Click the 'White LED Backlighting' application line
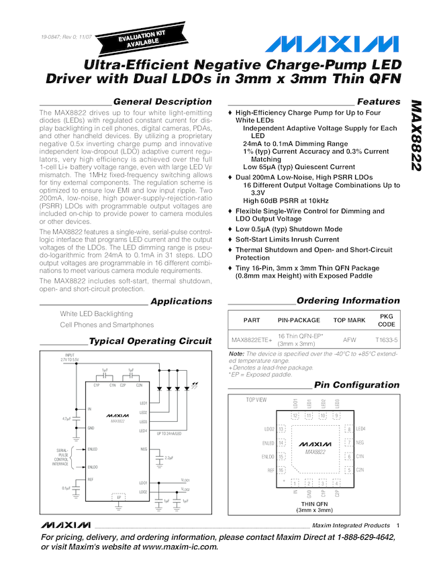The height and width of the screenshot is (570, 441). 97,313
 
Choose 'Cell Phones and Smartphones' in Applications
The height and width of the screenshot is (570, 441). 107,325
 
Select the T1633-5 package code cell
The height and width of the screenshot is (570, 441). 387,340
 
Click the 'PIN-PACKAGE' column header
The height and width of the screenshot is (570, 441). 299,320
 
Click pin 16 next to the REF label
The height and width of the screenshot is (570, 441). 282,470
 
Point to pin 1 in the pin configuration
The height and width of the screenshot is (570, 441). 295,482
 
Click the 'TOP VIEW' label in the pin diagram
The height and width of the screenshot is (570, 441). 256,400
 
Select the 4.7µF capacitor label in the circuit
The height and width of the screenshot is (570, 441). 66,418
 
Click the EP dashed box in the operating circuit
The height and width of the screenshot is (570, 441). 118,498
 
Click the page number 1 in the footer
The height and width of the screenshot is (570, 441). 397,525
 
